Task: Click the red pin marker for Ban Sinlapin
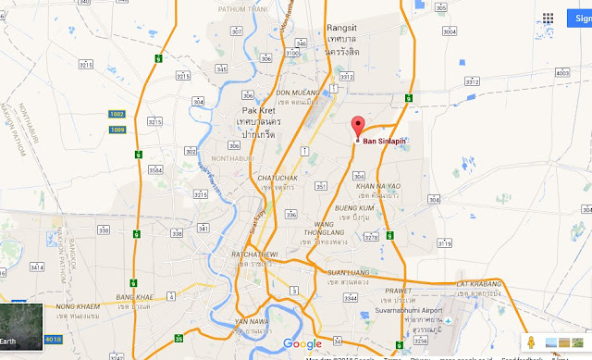[x=357, y=129]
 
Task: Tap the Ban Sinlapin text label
[x=385, y=142]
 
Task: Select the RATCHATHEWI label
[x=253, y=252]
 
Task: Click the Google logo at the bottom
[x=302, y=344]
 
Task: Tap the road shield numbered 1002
[x=117, y=113]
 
